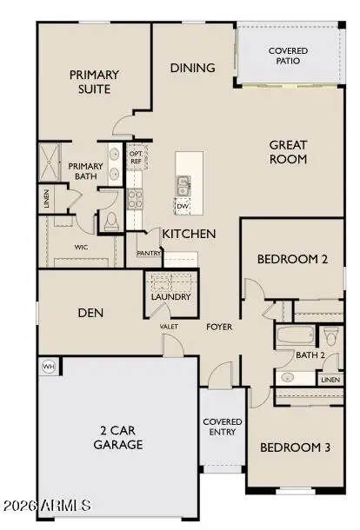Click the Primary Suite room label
95,82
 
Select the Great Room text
288,152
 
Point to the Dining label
192,67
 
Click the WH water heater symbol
49,367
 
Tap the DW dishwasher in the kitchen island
183,206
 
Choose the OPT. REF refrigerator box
136,156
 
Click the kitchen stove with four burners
135,197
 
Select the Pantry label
148,254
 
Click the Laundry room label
170,297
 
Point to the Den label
91,313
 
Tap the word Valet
169,327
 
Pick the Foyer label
218,328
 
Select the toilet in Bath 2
330,335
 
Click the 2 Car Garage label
118,437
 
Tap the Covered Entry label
223,427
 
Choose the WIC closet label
81,247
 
